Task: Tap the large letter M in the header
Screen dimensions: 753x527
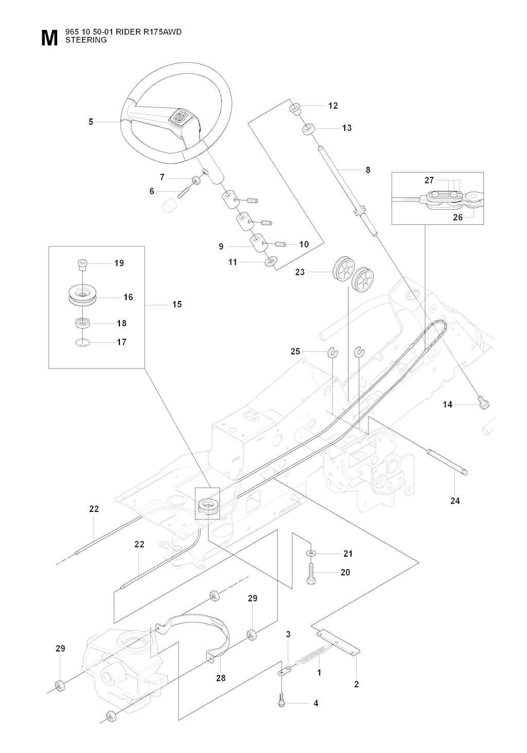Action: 49,39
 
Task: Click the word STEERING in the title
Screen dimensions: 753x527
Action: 86,40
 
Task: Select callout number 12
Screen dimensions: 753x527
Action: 333,106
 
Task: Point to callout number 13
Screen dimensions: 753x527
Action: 347,128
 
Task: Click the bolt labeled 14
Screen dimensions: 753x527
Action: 484,405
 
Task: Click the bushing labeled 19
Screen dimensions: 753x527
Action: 81,264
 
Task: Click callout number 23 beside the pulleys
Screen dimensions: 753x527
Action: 300,272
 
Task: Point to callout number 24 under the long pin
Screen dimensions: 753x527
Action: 455,500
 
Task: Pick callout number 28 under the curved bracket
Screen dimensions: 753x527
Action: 221,678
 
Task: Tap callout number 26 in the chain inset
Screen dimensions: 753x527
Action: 458,217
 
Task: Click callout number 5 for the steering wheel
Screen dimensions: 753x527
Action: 91,122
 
